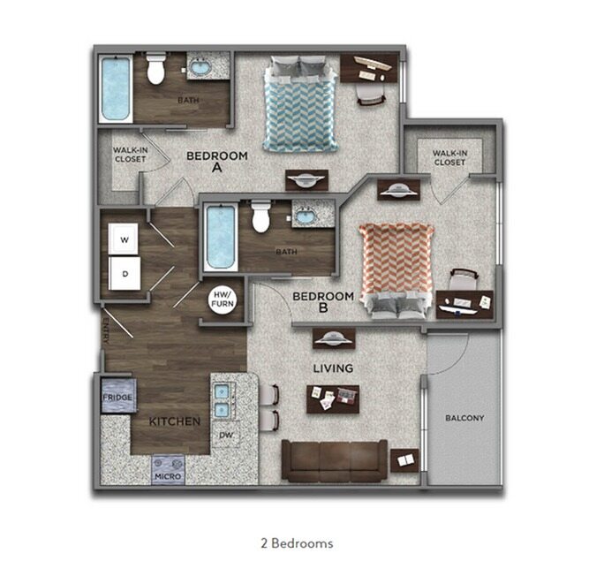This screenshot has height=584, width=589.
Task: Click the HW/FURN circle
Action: click(221, 300)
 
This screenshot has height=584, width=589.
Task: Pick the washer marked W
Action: click(125, 239)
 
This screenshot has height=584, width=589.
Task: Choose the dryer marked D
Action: click(125, 274)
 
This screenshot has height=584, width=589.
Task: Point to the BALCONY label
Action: click(464, 418)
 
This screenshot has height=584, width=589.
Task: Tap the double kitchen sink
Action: click(222, 398)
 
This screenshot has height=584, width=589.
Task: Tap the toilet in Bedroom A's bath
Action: click(156, 68)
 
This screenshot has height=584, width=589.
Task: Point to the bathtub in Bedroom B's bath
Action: click(220, 237)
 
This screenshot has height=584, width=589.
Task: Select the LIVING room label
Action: click(332, 368)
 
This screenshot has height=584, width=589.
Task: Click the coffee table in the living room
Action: click(334, 399)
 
